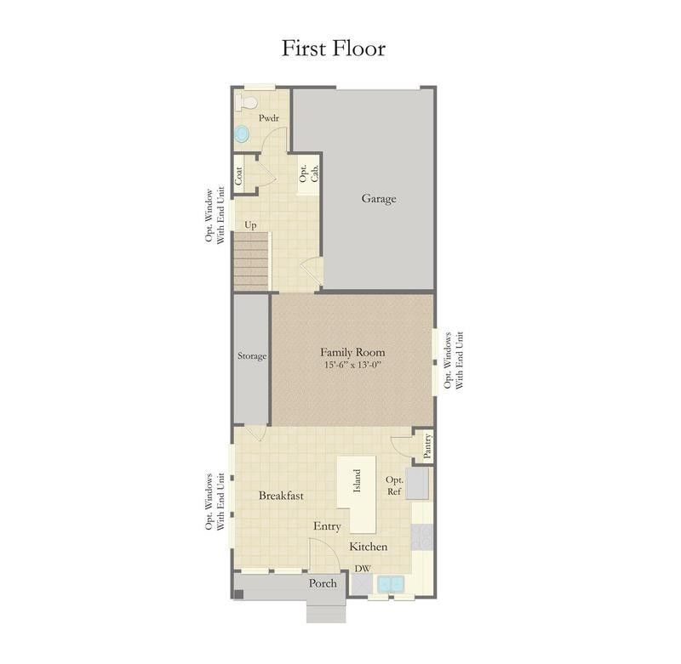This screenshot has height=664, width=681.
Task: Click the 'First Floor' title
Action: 334,48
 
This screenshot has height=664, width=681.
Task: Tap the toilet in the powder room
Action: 246,102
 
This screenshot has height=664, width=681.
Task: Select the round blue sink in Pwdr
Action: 242,133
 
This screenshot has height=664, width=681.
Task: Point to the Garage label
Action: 379,199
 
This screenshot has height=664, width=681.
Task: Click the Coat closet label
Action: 238,176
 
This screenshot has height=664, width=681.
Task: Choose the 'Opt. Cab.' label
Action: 309,173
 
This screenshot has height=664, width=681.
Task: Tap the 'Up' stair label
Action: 250,224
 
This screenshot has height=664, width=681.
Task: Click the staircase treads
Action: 251,261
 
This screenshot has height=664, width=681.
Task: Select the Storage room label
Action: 252,356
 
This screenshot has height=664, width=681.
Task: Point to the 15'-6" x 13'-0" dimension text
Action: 352,365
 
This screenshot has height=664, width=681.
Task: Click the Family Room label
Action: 352,352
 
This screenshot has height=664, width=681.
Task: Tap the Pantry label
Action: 427,446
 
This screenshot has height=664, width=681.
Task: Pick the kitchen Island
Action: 357,494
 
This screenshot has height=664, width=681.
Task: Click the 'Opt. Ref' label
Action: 394,485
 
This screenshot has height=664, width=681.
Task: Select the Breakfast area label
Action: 281,496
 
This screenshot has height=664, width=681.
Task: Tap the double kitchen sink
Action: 391,584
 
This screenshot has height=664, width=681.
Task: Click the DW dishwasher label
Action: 363,569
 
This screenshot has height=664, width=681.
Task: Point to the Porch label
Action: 323,583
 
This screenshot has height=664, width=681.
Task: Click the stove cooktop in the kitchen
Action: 421,537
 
